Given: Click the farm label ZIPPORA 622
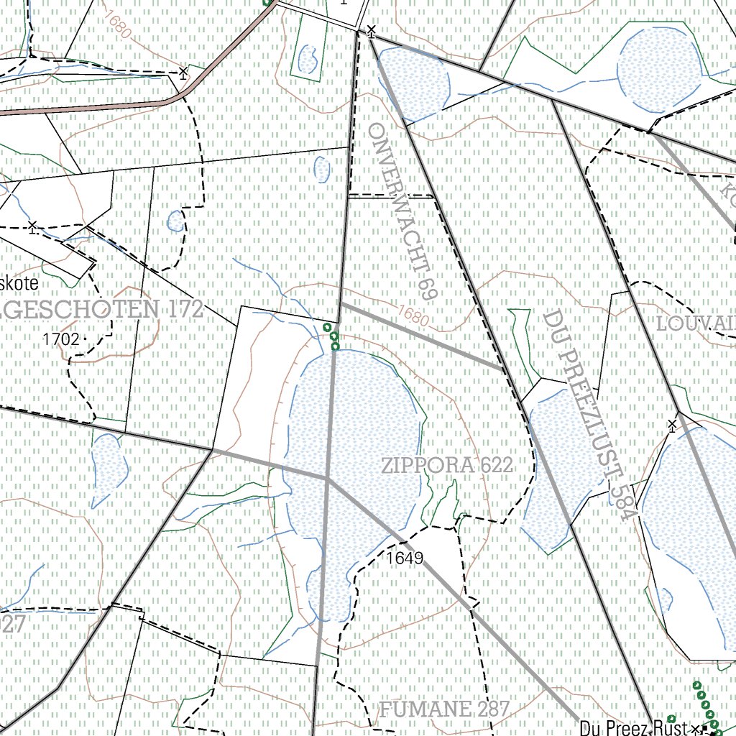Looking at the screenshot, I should point(448,466).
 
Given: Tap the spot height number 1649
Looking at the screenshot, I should point(404,558).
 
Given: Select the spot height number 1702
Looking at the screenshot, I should point(60,339).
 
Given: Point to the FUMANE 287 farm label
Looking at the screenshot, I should point(443,709).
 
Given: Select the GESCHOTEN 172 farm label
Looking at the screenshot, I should point(101,310).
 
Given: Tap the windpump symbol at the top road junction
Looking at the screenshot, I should point(372,31).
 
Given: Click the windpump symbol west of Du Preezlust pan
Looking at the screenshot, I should point(673,425).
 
